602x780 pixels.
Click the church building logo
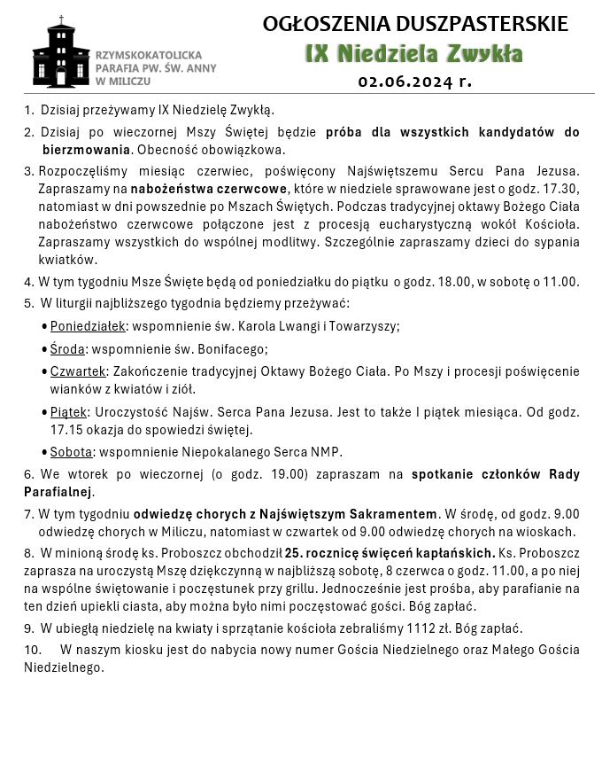click(x=61, y=52)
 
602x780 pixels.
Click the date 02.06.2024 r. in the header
click(x=414, y=82)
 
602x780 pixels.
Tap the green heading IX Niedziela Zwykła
click(x=413, y=53)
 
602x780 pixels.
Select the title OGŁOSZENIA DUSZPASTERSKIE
click(x=415, y=24)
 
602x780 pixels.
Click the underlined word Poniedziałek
click(x=88, y=325)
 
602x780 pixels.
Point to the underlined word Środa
click(x=67, y=348)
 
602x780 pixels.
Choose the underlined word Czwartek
click(x=78, y=370)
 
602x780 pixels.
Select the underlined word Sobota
click(x=71, y=451)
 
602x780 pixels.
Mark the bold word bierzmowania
click(x=87, y=149)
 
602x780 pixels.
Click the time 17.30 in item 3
click(x=563, y=189)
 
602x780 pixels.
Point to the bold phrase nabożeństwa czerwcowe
click(x=209, y=189)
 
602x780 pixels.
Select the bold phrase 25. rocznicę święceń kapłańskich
click(x=390, y=553)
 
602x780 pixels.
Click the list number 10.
click(x=33, y=650)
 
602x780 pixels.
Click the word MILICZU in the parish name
click(x=129, y=81)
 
